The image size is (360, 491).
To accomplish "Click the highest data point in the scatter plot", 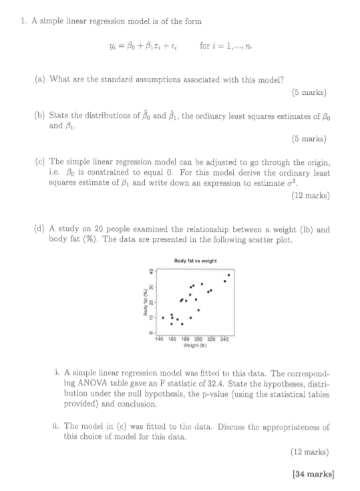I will tap(229, 275).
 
